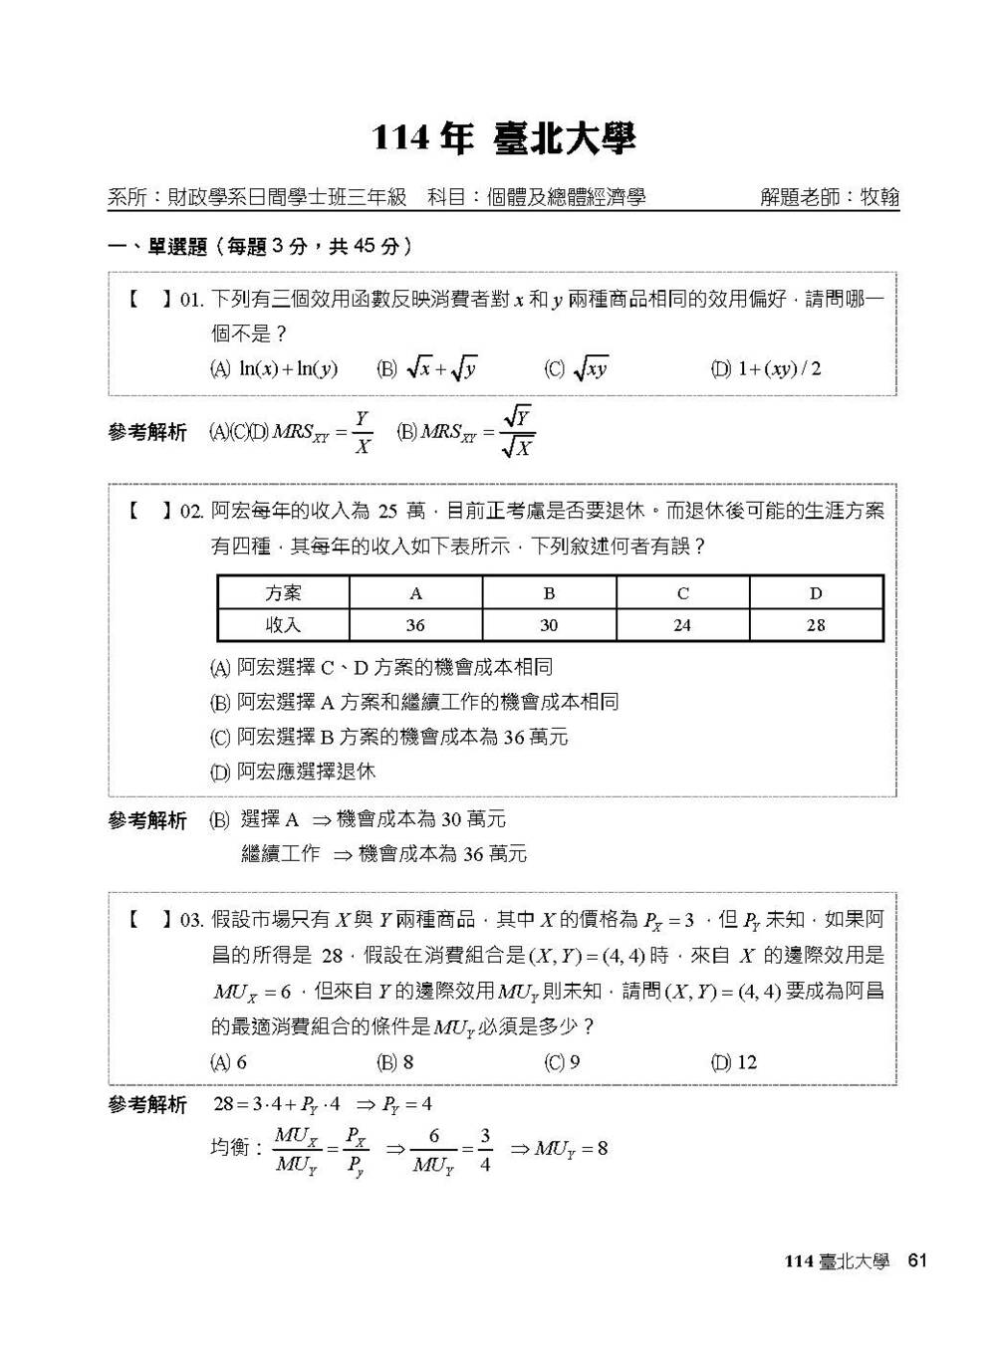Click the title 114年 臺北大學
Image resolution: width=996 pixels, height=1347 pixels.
tap(503, 139)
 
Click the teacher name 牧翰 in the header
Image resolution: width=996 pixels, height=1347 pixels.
tap(879, 197)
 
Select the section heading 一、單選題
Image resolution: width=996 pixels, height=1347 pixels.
tap(157, 246)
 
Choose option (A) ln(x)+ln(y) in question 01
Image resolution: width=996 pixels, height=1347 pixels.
tap(274, 369)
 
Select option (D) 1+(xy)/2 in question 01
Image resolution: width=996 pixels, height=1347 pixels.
tap(766, 369)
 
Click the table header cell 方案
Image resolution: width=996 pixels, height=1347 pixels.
tap(284, 593)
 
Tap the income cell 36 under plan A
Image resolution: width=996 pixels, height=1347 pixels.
tap(415, 625)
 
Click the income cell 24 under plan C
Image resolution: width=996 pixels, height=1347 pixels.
tap(682, 625)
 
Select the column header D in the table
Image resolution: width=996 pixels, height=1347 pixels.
tap(816, 593)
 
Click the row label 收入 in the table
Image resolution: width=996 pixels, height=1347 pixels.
tap(284, 625)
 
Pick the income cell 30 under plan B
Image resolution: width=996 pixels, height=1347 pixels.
tap(549, 625)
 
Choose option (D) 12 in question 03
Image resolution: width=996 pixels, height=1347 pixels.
tap(734, 1062)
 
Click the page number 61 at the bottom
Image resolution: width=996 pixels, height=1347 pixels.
tap(917, 1260)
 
